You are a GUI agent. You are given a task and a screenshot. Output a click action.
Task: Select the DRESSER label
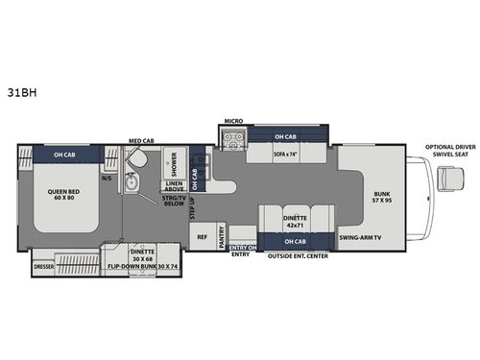pos(42,266)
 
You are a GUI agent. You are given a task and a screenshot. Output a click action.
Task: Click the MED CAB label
pos(140,140)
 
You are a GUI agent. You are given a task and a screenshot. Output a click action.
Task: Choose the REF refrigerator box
pos(203,235)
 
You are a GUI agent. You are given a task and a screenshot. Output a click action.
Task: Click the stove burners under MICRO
pos(232,140)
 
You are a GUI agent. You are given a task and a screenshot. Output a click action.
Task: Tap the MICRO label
pos(232,122)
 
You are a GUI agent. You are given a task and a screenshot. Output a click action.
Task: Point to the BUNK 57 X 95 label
pos(380,196)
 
